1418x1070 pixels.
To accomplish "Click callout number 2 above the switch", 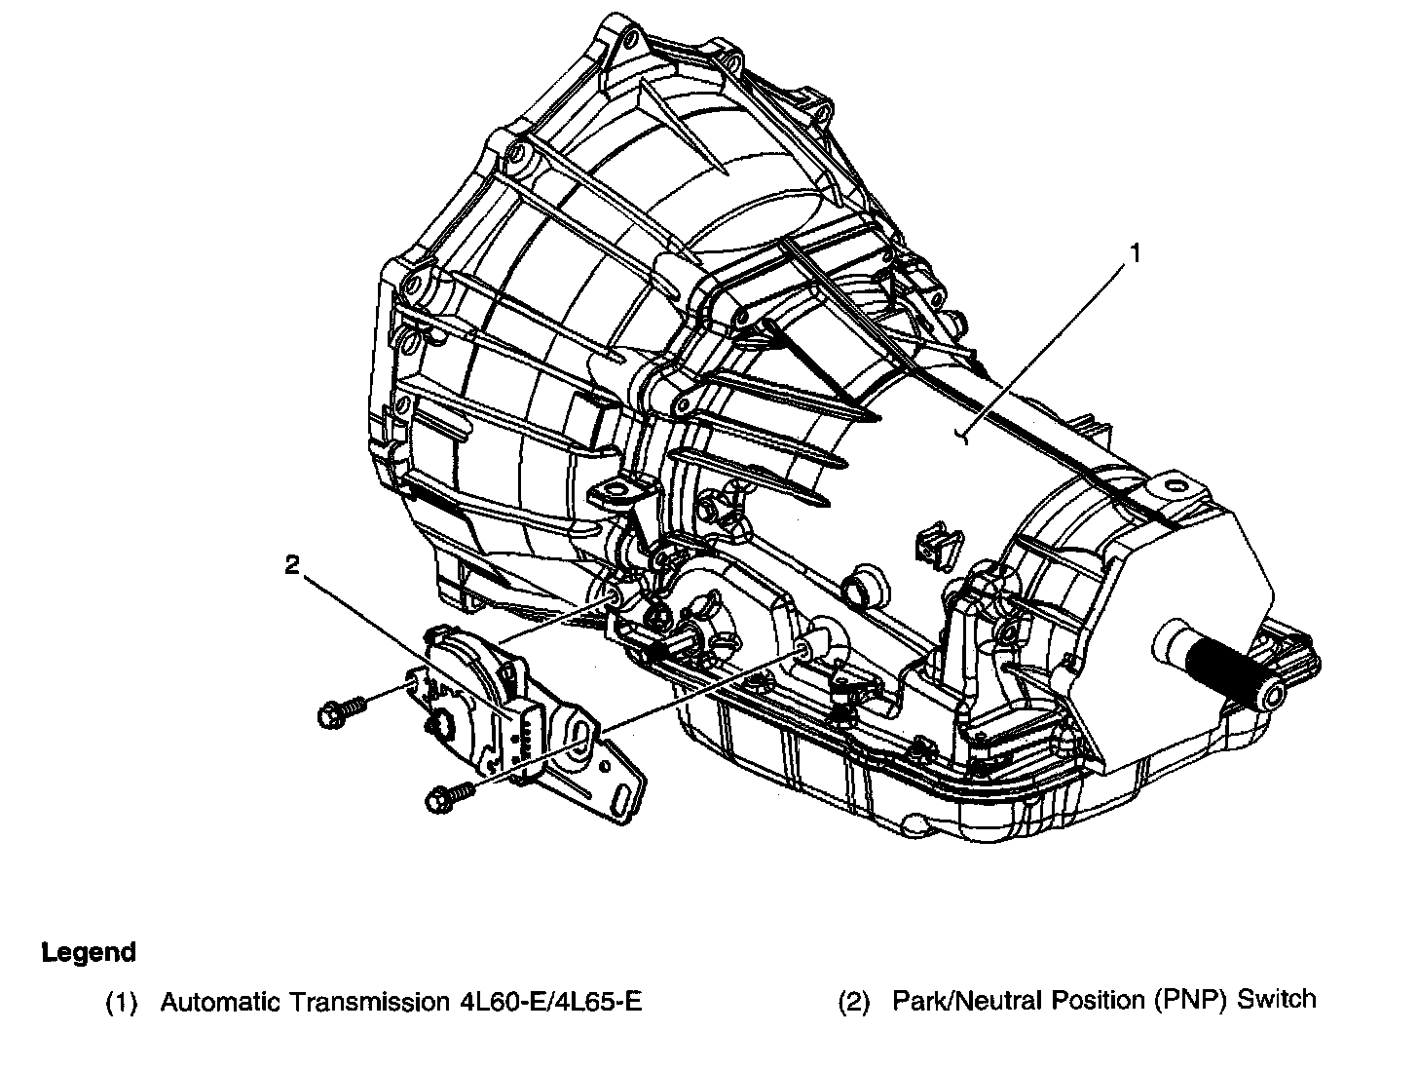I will pyautogui.click(x=291, y=565).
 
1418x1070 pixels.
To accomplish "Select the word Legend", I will pyautogui.click(x=89, y=952).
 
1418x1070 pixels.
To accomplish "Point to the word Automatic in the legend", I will pyautogui.click(x=210, y=1001).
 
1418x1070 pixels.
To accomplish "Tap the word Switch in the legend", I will pyautogui.click(x=1277, y=1000).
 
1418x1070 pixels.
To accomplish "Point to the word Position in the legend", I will pyautogui.click(x=1078, y=1000).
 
